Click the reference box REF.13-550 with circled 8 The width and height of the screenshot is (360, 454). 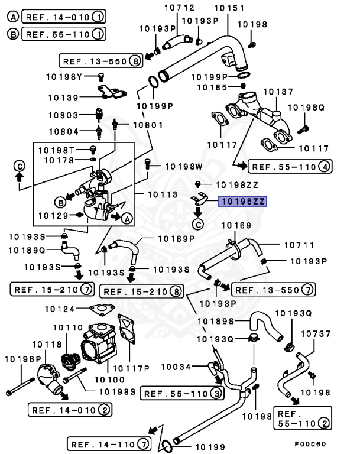click(101, 60)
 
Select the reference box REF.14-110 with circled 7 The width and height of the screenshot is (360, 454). click(109, 443)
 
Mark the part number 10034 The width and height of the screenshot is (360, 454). click(176, 367)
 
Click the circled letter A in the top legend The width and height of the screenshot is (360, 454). click(12, 16)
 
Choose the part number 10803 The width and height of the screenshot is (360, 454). click(64, 116)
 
